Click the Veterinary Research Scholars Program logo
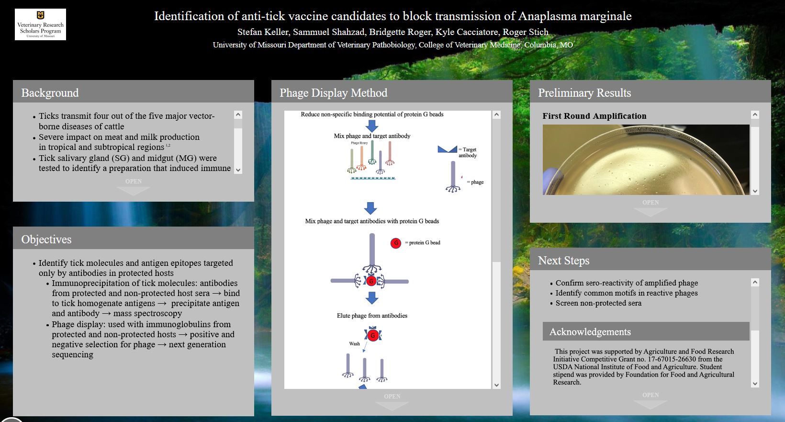(40, 24)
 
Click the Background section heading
(50, 93)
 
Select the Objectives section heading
(46, 240)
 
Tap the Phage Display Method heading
(333, 93)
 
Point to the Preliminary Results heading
(584, 93)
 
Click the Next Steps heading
(563, 261)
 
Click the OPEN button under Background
(134, 186)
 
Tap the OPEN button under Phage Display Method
(392, 401)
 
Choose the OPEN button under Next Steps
(650, 400)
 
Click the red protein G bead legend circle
(396, 243)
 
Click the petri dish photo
(646, 160)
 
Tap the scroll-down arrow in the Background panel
(238, 170)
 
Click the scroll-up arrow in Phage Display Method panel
(496, 115)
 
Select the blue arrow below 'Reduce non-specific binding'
(371, 126)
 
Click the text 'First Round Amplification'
(594, 116)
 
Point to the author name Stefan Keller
(263, 32)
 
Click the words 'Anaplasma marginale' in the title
(574, 16)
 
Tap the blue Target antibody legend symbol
(447, 149)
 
